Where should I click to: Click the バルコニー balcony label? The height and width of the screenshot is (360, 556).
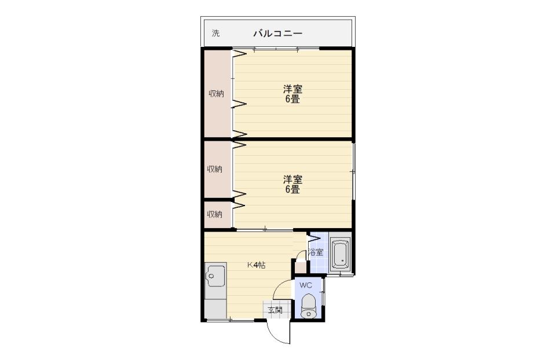[277, 34]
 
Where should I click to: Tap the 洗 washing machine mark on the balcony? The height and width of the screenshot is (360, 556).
[215, 34]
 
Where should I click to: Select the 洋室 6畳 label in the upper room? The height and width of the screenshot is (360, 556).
[292, 94]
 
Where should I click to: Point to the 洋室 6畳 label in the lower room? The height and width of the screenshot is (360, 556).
[292, 184]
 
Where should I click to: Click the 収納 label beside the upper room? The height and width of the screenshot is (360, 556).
[216, 94]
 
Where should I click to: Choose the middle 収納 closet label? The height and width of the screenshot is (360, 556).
[215, 169]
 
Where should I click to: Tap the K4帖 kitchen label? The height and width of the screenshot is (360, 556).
[256, 265]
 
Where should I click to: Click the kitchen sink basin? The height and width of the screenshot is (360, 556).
[215, 275]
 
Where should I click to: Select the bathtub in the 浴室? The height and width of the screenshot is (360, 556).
[341, 254]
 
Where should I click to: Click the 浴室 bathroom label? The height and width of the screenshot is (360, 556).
[316, 252]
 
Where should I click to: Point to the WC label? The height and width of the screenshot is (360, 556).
[305, 285]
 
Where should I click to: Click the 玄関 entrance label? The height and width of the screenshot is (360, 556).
[275, 310]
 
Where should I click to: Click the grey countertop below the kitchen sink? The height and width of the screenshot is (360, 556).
[215, 308]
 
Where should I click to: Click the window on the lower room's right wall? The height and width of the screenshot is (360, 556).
[353, 171]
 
